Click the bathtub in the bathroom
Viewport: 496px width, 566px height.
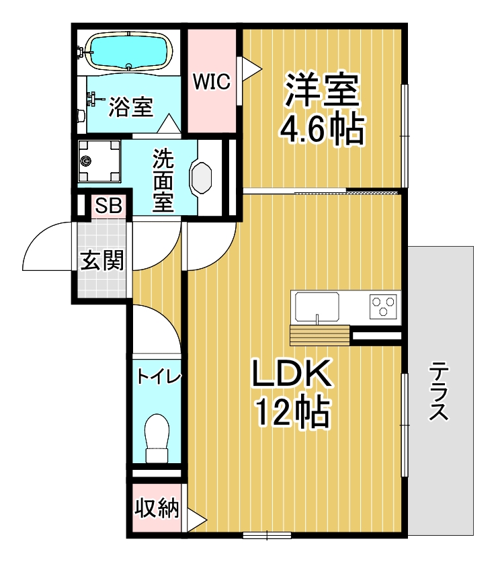pos(128,51)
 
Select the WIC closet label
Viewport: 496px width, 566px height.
pos(212,82)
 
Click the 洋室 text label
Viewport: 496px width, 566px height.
pos(322,90)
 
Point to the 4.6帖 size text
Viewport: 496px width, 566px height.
pos(322,129)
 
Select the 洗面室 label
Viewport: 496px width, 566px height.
pos(163,179)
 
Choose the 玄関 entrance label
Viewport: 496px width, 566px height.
pos(102,260)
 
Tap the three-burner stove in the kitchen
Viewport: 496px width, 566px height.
pos(384,306)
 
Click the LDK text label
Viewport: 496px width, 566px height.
pos(292,374)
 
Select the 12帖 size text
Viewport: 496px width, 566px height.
pos(292,411)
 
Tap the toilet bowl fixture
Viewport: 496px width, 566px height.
pos(157,436)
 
